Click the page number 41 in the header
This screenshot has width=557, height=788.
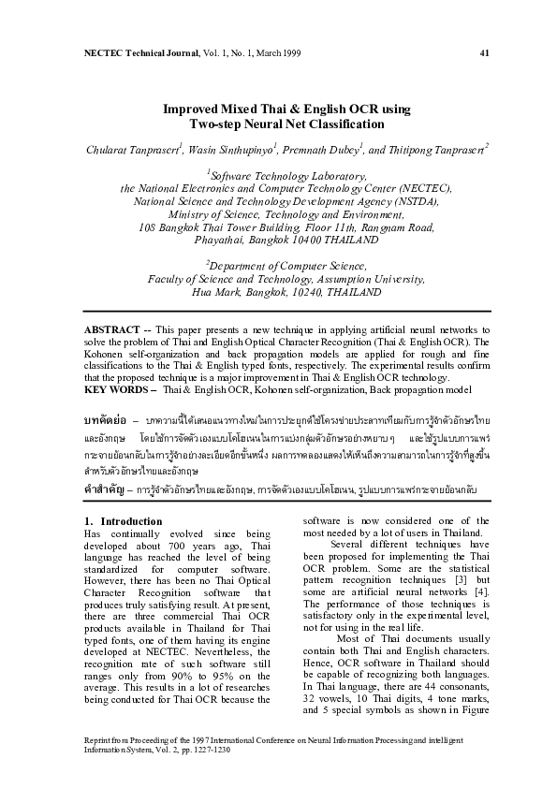click(x=484, y=52)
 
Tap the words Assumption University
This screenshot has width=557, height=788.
click(x=362, y=279)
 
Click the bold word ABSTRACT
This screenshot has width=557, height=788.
click(x=112, y=330)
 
